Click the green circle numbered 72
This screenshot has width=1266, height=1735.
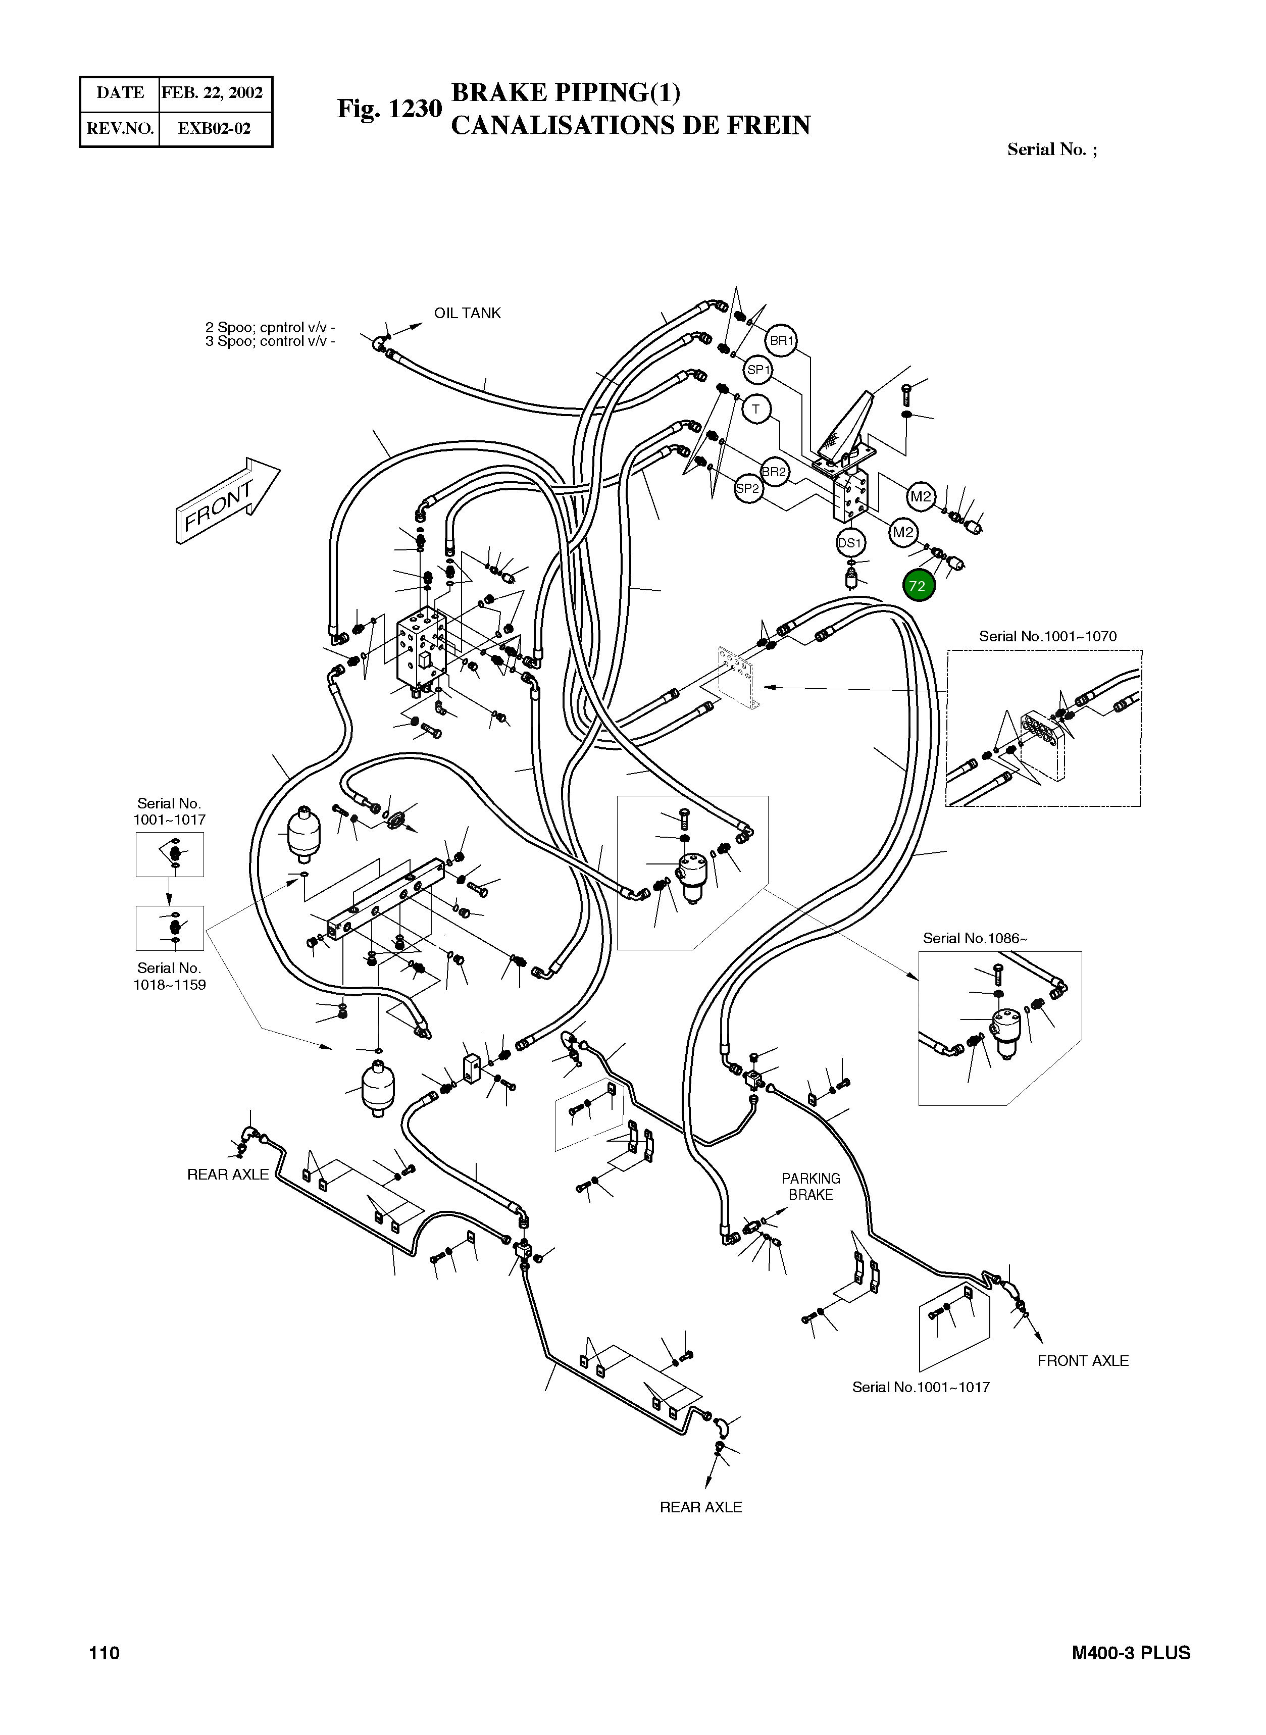[918, 586]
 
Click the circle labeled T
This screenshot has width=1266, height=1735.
[755, 409]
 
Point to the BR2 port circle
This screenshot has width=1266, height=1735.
[774, 471]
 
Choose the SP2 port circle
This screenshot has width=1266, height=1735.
[747, 488]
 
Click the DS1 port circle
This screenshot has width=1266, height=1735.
[849, 543]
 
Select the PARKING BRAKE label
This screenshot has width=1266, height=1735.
[811, 1186]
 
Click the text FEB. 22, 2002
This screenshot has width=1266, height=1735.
[212, 93]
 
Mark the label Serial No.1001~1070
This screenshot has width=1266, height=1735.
[1047, 636]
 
